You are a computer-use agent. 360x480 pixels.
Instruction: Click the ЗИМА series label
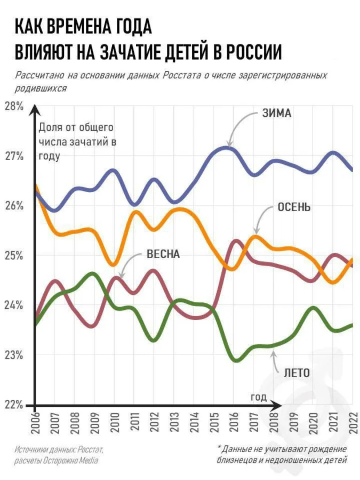coord(276,113)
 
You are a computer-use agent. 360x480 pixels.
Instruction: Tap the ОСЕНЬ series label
coord(294,207)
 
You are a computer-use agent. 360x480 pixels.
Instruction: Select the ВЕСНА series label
coord(163,254)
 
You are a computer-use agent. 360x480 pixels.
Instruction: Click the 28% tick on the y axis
coord(13,106)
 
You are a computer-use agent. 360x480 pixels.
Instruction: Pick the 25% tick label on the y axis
coord(13,255)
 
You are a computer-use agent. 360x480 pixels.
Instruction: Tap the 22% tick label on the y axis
coord(13,405)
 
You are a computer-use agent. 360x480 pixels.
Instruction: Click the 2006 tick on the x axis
coord(35,421)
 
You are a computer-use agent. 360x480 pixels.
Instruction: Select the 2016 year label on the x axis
coord(233,421)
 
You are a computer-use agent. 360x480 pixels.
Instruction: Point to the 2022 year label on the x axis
coord(351,421)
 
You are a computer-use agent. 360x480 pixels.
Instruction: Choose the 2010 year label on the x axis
coord(114,421)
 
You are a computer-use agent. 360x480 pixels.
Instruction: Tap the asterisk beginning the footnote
coord(220,449)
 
